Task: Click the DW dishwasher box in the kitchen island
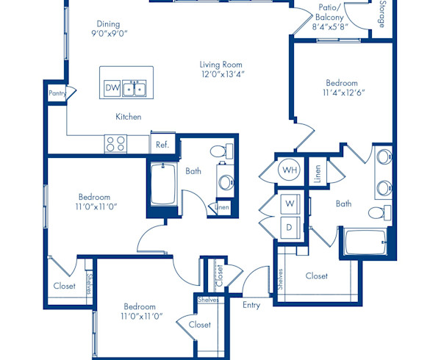(112, 88)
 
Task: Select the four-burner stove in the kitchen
(115, 143)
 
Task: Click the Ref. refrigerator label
(162, 145)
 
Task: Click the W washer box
(290, 202)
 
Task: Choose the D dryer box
(290, 227)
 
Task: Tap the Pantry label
(57, 93)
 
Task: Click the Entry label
(252, 304)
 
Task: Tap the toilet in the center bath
(217, 153)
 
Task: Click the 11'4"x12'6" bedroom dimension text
(342, 93)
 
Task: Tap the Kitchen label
(128, 117)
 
